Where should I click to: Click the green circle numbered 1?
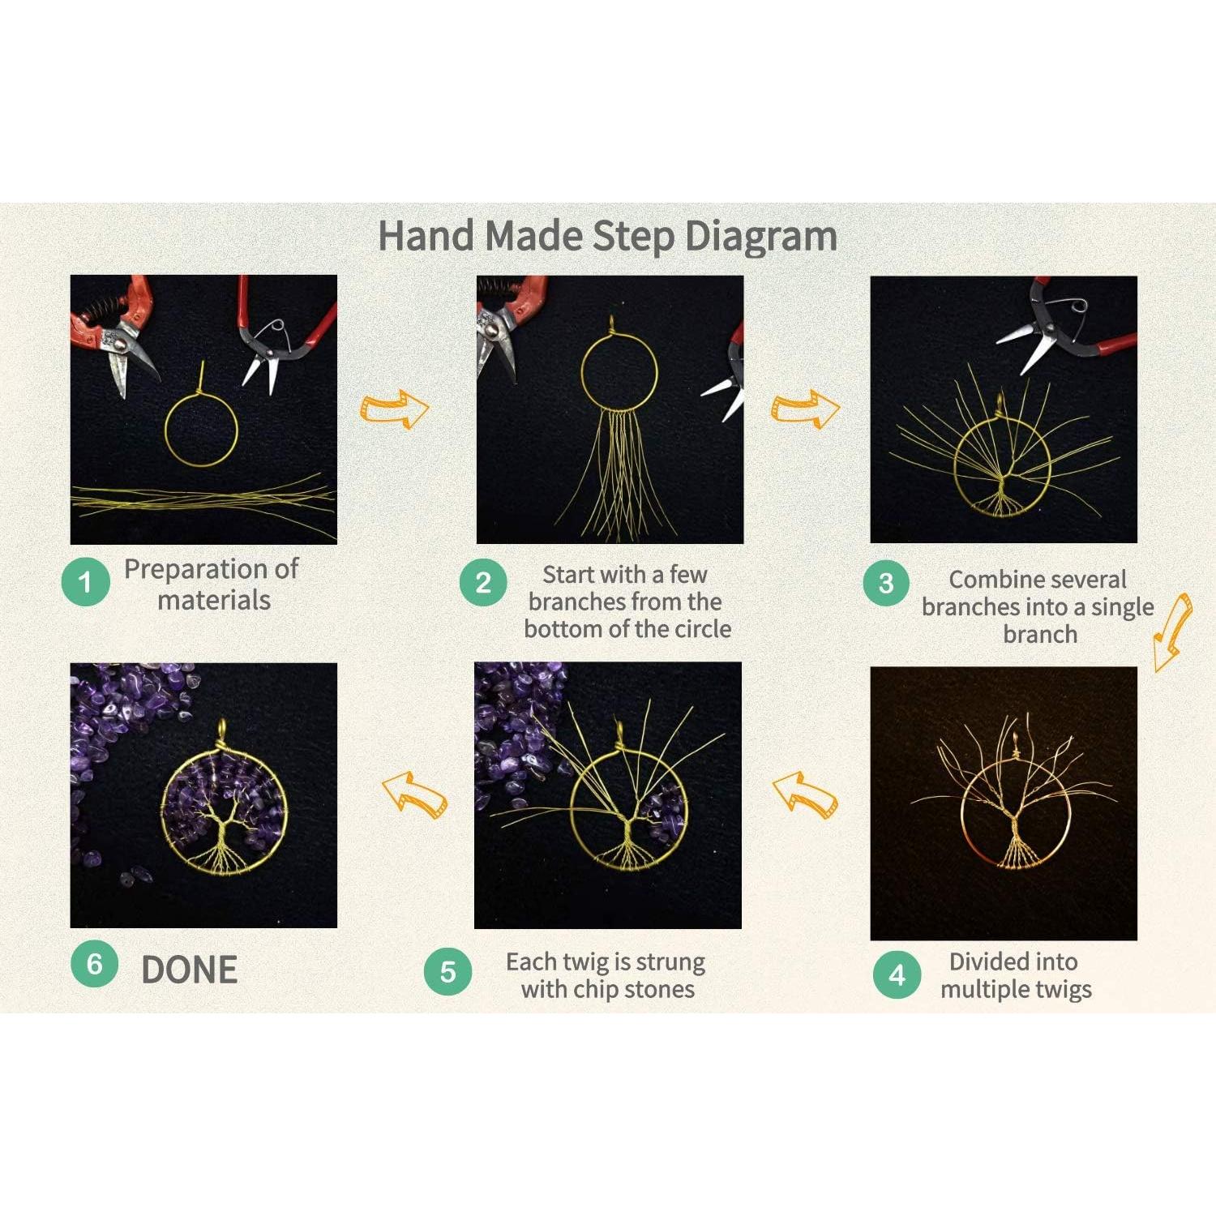click(86, 581)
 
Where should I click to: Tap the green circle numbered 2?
click(483, 581)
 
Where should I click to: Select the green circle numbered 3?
click(886, 581)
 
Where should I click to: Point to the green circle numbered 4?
click(897, 974)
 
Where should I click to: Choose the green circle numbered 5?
click(447, 971)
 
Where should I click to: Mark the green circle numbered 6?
click(94, 963)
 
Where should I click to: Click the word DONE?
click(190, 970)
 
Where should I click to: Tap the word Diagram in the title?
click(760, 238)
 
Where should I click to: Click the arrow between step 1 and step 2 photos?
click(394, 409)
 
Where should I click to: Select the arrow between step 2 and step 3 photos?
click(805, 409)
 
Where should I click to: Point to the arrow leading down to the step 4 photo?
click(1172, 632)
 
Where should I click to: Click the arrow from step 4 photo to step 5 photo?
click(805, 794)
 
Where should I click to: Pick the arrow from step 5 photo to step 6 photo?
click(414, 794)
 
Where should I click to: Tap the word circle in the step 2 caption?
click(698, 629)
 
